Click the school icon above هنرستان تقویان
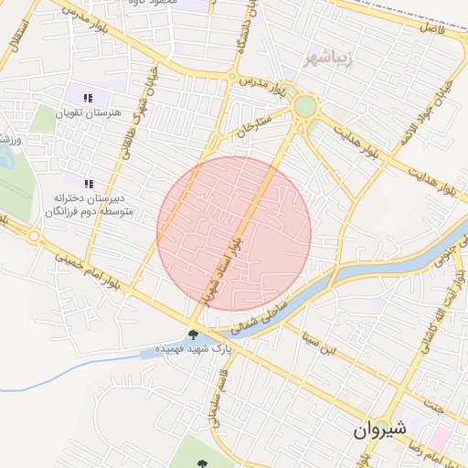tap(88, 98)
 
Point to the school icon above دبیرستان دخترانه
tap(88, 183)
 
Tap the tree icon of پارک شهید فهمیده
tap(193, 335)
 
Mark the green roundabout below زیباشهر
tap(304, 107)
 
